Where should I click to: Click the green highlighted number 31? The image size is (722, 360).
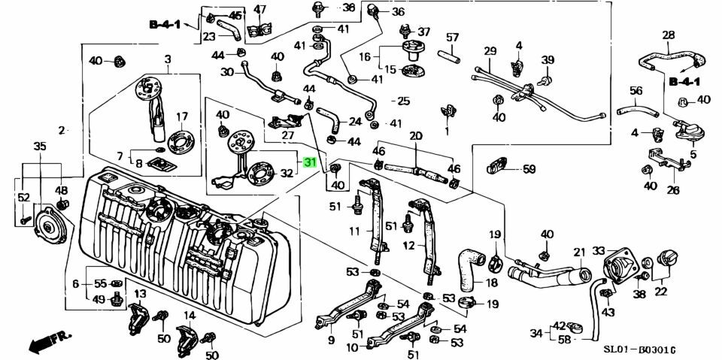click(x=310, y=162)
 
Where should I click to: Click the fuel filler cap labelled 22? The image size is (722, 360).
click(x=666, y=262)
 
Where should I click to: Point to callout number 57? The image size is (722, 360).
click(x=453, y=37)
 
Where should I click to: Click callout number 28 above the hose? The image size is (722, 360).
click(x=668, y=35)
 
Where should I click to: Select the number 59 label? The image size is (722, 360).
click(x=529, y=169)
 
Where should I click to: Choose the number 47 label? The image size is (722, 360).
click(x=260, y=10)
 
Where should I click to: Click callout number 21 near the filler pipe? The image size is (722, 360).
click(x=579, y=252)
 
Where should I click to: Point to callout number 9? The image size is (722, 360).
click(x=331, y=340)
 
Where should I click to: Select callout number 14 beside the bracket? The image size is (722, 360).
click(x=190, y=316)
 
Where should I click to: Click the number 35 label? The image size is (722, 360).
click(x=40, y=146)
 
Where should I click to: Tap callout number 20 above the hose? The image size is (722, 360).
click(x=415, y=136)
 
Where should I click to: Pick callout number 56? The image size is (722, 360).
click(x=636, y=91)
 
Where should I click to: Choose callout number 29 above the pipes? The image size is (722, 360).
click(x=490, y=51)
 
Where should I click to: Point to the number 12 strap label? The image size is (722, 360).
click(x=409, y=245)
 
